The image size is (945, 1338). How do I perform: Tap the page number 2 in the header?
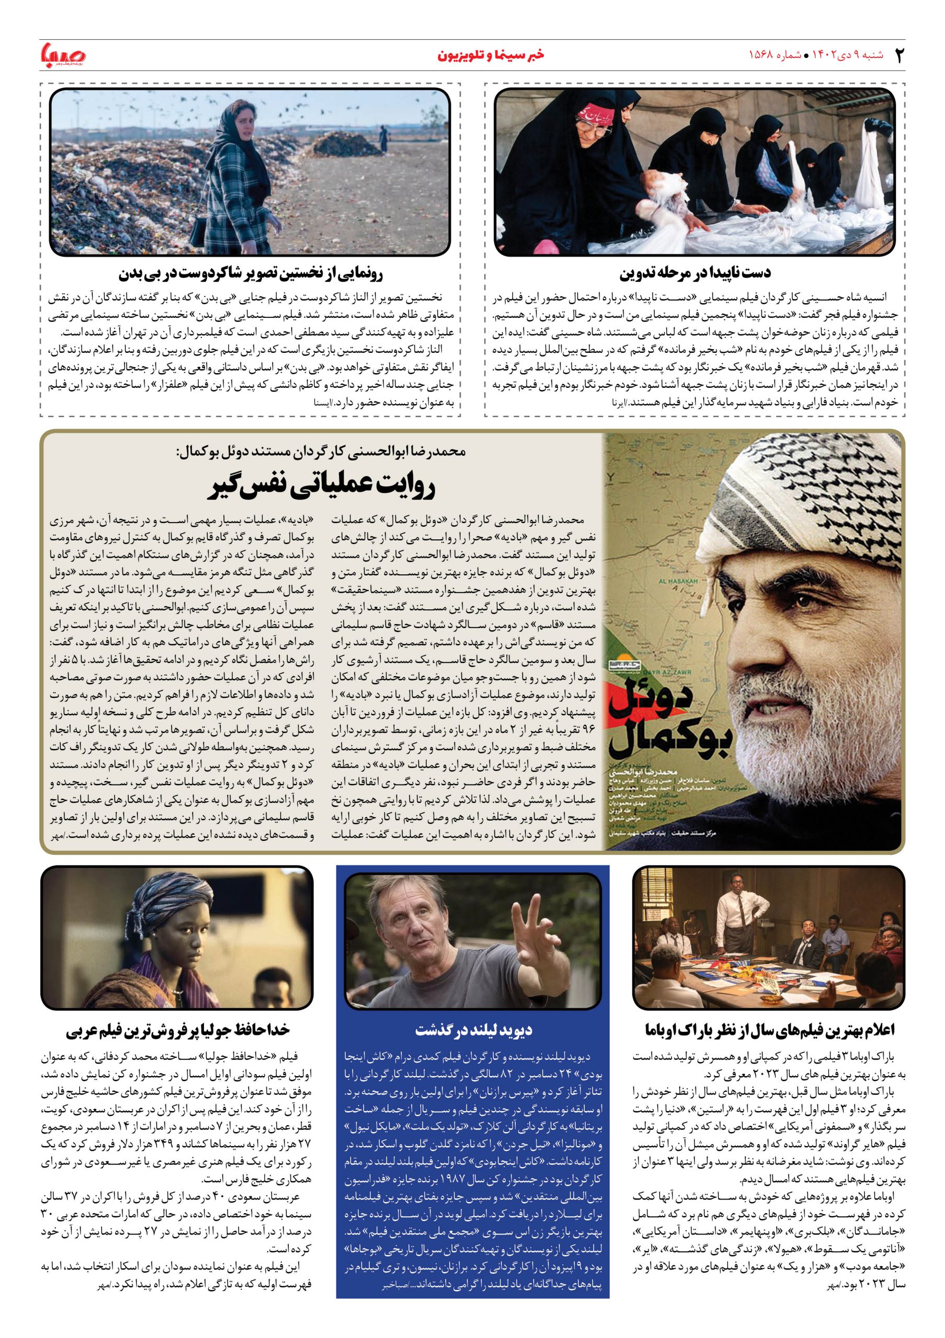(899, 55)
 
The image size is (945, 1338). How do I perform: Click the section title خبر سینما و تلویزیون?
(492, 55)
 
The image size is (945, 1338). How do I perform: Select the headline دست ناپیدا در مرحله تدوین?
(695, 272)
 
